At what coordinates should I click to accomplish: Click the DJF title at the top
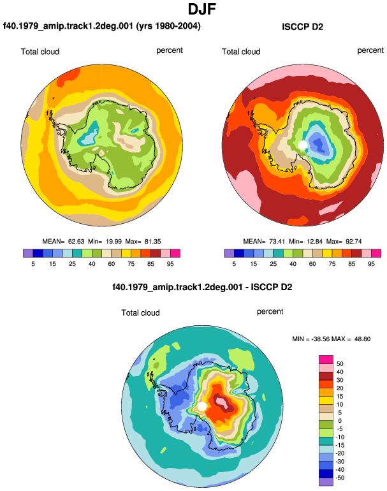[x=202, y=10]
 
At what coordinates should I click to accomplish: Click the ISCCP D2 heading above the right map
[x=302, y=27]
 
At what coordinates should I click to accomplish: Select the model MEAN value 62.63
[x=76, y=242]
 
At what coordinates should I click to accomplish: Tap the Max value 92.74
[x=353, y=242]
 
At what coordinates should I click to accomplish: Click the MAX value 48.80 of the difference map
[x=362, y=339]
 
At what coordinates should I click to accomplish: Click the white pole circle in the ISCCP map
[x=302, y=145]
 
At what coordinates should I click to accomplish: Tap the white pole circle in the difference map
[x=202, y=406]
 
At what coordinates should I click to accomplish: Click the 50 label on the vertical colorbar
[x=340, y=364]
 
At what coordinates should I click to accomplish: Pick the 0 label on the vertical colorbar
[x=340, y=421]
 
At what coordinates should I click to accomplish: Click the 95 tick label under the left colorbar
[x=170, y=264]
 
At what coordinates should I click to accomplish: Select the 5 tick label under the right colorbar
[x=234, y=264]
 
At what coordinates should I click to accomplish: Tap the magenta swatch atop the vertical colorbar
[x=326, y=360]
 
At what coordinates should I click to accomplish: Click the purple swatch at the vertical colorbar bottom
[x=326, y=481]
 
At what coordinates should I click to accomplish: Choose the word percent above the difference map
[x=270, y=312]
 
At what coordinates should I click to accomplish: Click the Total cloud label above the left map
[x=40, y=52]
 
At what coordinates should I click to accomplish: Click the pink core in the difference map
[x=222, y=402]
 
